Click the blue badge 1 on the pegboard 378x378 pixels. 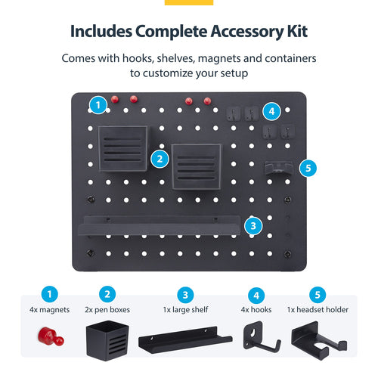pyautogui.click(x=96, y=104)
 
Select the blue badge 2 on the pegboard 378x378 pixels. pyautogui.click(x=159, y=159)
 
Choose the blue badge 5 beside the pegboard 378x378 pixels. pyautogui.click(x=306, y=168)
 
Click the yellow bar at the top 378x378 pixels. pyautogui.click(x=188, y=2)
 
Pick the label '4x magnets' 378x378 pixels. pyautogui.click(x=49, y=309)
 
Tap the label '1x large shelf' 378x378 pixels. pyautogui.click(x=186, y=309)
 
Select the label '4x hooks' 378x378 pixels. pyautogui.click(x=257, y=309)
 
